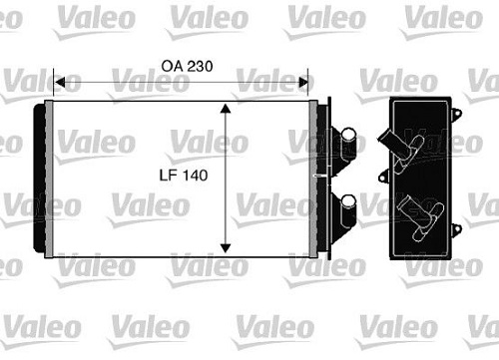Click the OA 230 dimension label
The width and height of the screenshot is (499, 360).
point(187,66)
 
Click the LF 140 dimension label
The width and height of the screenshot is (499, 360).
point(184,176)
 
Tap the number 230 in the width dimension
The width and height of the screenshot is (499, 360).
point(200,66)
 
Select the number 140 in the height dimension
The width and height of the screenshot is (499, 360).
point(195,176)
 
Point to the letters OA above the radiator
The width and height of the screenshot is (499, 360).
point(172,66)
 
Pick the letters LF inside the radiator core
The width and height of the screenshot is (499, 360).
point(169,176)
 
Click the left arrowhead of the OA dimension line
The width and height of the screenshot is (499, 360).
point(59,82)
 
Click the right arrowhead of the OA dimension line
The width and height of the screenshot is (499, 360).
point(303,82)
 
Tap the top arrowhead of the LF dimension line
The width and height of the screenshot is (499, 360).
point(226,109)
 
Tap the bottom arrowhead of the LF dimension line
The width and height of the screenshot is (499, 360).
point(226,248)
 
